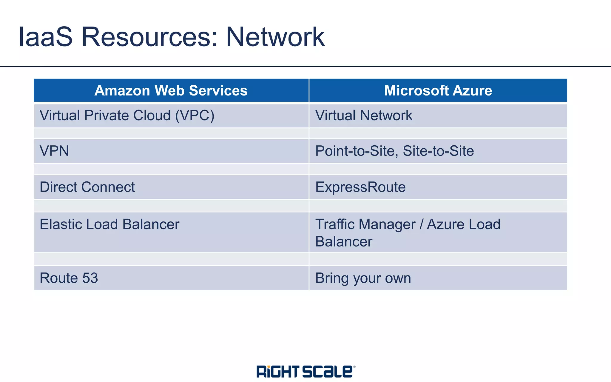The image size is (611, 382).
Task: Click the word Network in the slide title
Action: (275, 37)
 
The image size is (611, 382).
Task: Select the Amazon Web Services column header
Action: (171, 90)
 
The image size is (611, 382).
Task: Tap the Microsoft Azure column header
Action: (438, 90)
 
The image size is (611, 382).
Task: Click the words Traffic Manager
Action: (365, 224)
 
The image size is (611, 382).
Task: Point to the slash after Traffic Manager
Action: (421, 224)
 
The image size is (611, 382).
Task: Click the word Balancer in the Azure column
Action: (344, 242)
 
